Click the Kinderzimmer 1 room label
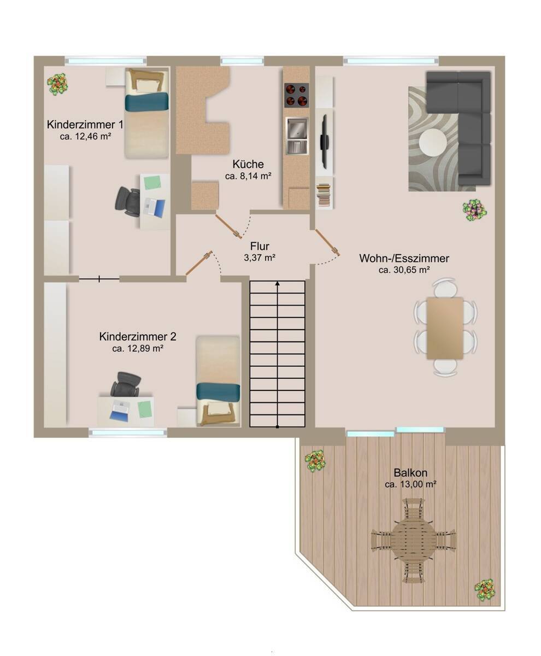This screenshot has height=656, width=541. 85,125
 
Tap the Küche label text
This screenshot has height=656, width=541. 248,164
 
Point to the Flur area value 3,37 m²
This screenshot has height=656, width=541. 260,257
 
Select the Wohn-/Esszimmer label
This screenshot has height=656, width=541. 404,258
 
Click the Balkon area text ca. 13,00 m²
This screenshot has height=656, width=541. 410,484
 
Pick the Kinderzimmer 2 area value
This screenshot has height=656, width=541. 138,348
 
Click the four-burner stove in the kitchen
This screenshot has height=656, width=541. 296,95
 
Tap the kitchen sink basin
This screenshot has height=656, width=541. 297,128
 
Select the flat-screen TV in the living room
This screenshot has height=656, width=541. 324,141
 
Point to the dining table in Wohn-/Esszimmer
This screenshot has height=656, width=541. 445,327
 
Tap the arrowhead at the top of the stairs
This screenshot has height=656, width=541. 278,283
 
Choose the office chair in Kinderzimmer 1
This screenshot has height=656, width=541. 127,201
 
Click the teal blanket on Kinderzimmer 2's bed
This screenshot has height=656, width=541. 218,392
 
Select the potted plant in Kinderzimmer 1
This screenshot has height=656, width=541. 57,84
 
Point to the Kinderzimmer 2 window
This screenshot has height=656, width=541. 128,432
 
